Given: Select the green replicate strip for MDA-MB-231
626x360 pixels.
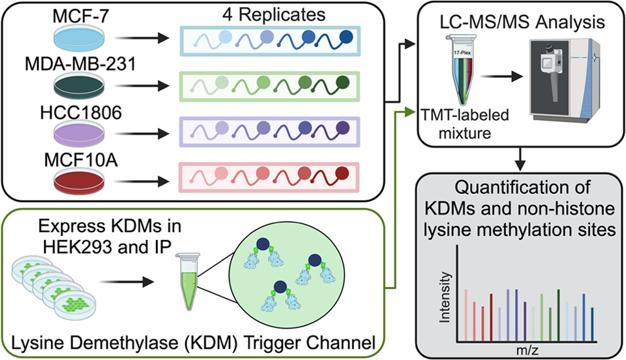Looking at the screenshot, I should (266, 85).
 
